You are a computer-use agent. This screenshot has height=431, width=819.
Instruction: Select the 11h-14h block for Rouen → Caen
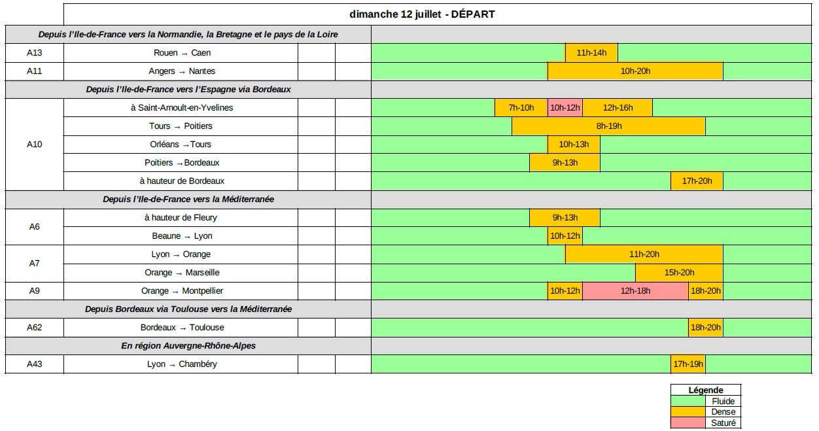click(591, 53)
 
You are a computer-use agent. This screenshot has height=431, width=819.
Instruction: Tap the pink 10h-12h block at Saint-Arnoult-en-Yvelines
click(565, 108)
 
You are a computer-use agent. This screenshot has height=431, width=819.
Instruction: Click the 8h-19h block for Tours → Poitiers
click(608, 126)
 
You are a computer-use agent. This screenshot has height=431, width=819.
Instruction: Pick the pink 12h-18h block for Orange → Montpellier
click(635, 291)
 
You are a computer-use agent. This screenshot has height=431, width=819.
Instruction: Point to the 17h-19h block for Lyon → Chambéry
click(688, 364)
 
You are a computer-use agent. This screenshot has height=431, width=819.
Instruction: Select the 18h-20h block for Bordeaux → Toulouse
click(705, 328)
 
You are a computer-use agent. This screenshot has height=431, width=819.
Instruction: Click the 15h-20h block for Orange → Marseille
click(679, 273)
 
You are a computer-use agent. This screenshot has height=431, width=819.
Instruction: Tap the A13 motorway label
click(35, 53)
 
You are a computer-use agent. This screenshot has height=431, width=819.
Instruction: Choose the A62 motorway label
click(35, 328)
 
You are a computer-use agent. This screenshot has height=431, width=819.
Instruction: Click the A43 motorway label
click(35, 364)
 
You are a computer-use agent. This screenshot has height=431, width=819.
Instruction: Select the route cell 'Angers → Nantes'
click(182, 71)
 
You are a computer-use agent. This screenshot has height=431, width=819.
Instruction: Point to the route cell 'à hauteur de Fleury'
click(181, 218)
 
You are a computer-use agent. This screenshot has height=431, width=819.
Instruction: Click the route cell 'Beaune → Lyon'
click(182, 236)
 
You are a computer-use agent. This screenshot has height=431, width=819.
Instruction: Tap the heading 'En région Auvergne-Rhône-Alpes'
click(188, 346)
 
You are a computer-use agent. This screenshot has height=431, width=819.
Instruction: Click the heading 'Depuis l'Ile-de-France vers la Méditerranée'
click(188, 199)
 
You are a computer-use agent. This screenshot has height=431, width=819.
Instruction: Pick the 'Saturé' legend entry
click(723, 423)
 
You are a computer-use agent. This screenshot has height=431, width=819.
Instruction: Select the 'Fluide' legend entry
click(723, 402)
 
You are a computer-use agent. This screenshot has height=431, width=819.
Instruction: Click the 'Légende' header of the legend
click(706, 390)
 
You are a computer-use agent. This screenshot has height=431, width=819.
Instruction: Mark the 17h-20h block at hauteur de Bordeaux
click(697, 181)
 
